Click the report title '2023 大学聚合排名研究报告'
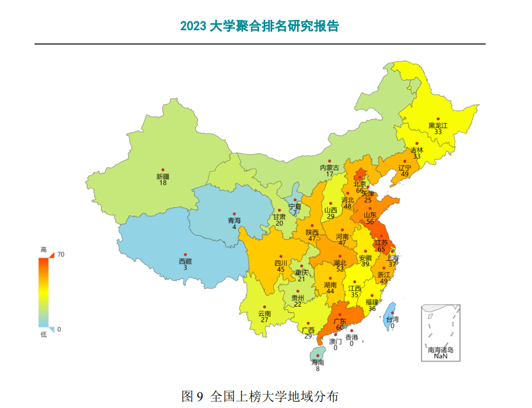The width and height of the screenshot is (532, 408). tap(259, 26)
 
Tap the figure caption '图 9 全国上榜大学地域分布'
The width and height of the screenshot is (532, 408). tap(260, 397)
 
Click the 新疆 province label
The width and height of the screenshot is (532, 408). tap(163, 176)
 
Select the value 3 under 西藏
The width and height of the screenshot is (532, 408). tap(185, 268)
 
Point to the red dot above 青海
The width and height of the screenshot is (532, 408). tap(234, 214)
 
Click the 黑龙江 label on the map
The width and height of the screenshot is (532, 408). tap(438, 125)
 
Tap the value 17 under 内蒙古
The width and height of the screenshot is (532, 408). tap(329, 174)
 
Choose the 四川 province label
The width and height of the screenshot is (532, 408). tap(281, 263)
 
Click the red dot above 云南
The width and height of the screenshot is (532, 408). tap(264, 307)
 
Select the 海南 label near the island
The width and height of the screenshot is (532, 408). tap(317, 362)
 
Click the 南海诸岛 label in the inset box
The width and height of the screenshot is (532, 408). tap(440, 350)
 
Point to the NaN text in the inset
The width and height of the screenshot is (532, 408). tap(440, 356)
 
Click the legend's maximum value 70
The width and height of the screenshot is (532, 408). tap(60, 254)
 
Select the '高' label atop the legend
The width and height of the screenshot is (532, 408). tap(44, 250)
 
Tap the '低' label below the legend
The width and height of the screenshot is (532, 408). tap(44, 335)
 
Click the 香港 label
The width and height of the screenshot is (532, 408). tap(351, 337)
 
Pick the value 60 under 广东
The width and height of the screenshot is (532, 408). tap(340, 328)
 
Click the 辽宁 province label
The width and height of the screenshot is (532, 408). tap(405, 168)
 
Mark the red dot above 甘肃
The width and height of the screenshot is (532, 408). tap(279, 210)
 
